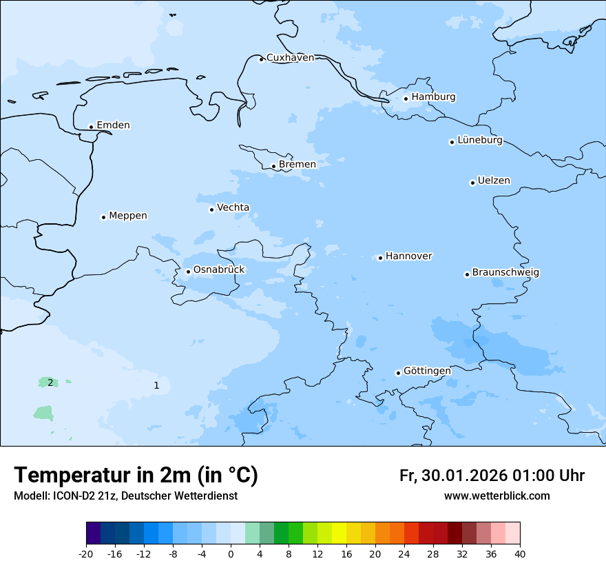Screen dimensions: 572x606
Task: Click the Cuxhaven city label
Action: tap(290, 58)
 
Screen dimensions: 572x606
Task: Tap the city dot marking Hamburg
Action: tap(406, 99)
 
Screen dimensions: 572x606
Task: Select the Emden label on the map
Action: tap(113, 125)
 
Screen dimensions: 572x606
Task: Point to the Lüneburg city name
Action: tap(479, 141)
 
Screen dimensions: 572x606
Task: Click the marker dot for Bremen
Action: tap(273, 166)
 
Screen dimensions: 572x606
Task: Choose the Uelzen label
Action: tap(494, 181)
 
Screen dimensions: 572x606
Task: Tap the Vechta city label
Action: tap(233, 208)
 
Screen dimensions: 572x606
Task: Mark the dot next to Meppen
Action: tap(103, 217)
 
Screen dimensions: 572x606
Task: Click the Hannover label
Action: tap(408, 256)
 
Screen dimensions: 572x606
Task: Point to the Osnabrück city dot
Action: tap(188, 272)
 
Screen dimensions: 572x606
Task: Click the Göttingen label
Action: tap(427, 371)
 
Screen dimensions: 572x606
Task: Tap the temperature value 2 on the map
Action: tap(50, 382)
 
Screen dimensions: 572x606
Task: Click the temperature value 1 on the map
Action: tap(156, 385)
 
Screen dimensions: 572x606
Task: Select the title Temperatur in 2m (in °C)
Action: tap(136, 476)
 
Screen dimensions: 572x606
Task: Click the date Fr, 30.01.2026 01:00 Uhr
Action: tap(492, 476)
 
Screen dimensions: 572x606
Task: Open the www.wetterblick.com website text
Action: tap(497, 496)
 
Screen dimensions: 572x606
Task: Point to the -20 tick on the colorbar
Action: tap(86, 553)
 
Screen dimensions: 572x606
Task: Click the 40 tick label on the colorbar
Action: tap(520, 553)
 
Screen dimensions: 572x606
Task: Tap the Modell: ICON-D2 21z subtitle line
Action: tap(125, 496)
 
